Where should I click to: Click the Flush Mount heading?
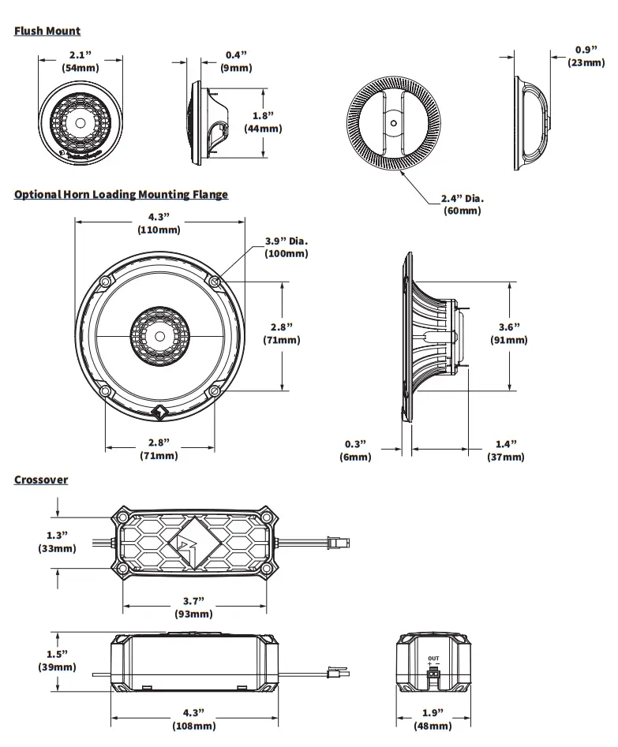point(47,31)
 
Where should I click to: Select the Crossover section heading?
point(41,480)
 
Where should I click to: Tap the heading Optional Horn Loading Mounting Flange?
point(121,194)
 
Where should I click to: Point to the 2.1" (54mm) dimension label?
point(81,62)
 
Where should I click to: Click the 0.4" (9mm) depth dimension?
point(236,62)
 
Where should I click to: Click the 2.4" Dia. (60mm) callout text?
point(462,204)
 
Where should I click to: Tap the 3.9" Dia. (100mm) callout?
point(287,247)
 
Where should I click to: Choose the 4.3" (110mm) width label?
point(159,223)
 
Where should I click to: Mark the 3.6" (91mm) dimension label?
point(509,333)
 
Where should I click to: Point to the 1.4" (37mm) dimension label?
point(505,450)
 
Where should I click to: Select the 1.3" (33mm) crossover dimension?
point(57,541)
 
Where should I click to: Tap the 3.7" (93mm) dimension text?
point(193,607)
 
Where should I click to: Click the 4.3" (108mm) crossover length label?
point(193,719)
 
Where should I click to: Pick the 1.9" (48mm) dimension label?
point(433,719)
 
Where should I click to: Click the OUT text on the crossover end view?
point(433,658)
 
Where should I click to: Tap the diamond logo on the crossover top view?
point(194,543)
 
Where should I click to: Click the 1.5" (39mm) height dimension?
point(57,660)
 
